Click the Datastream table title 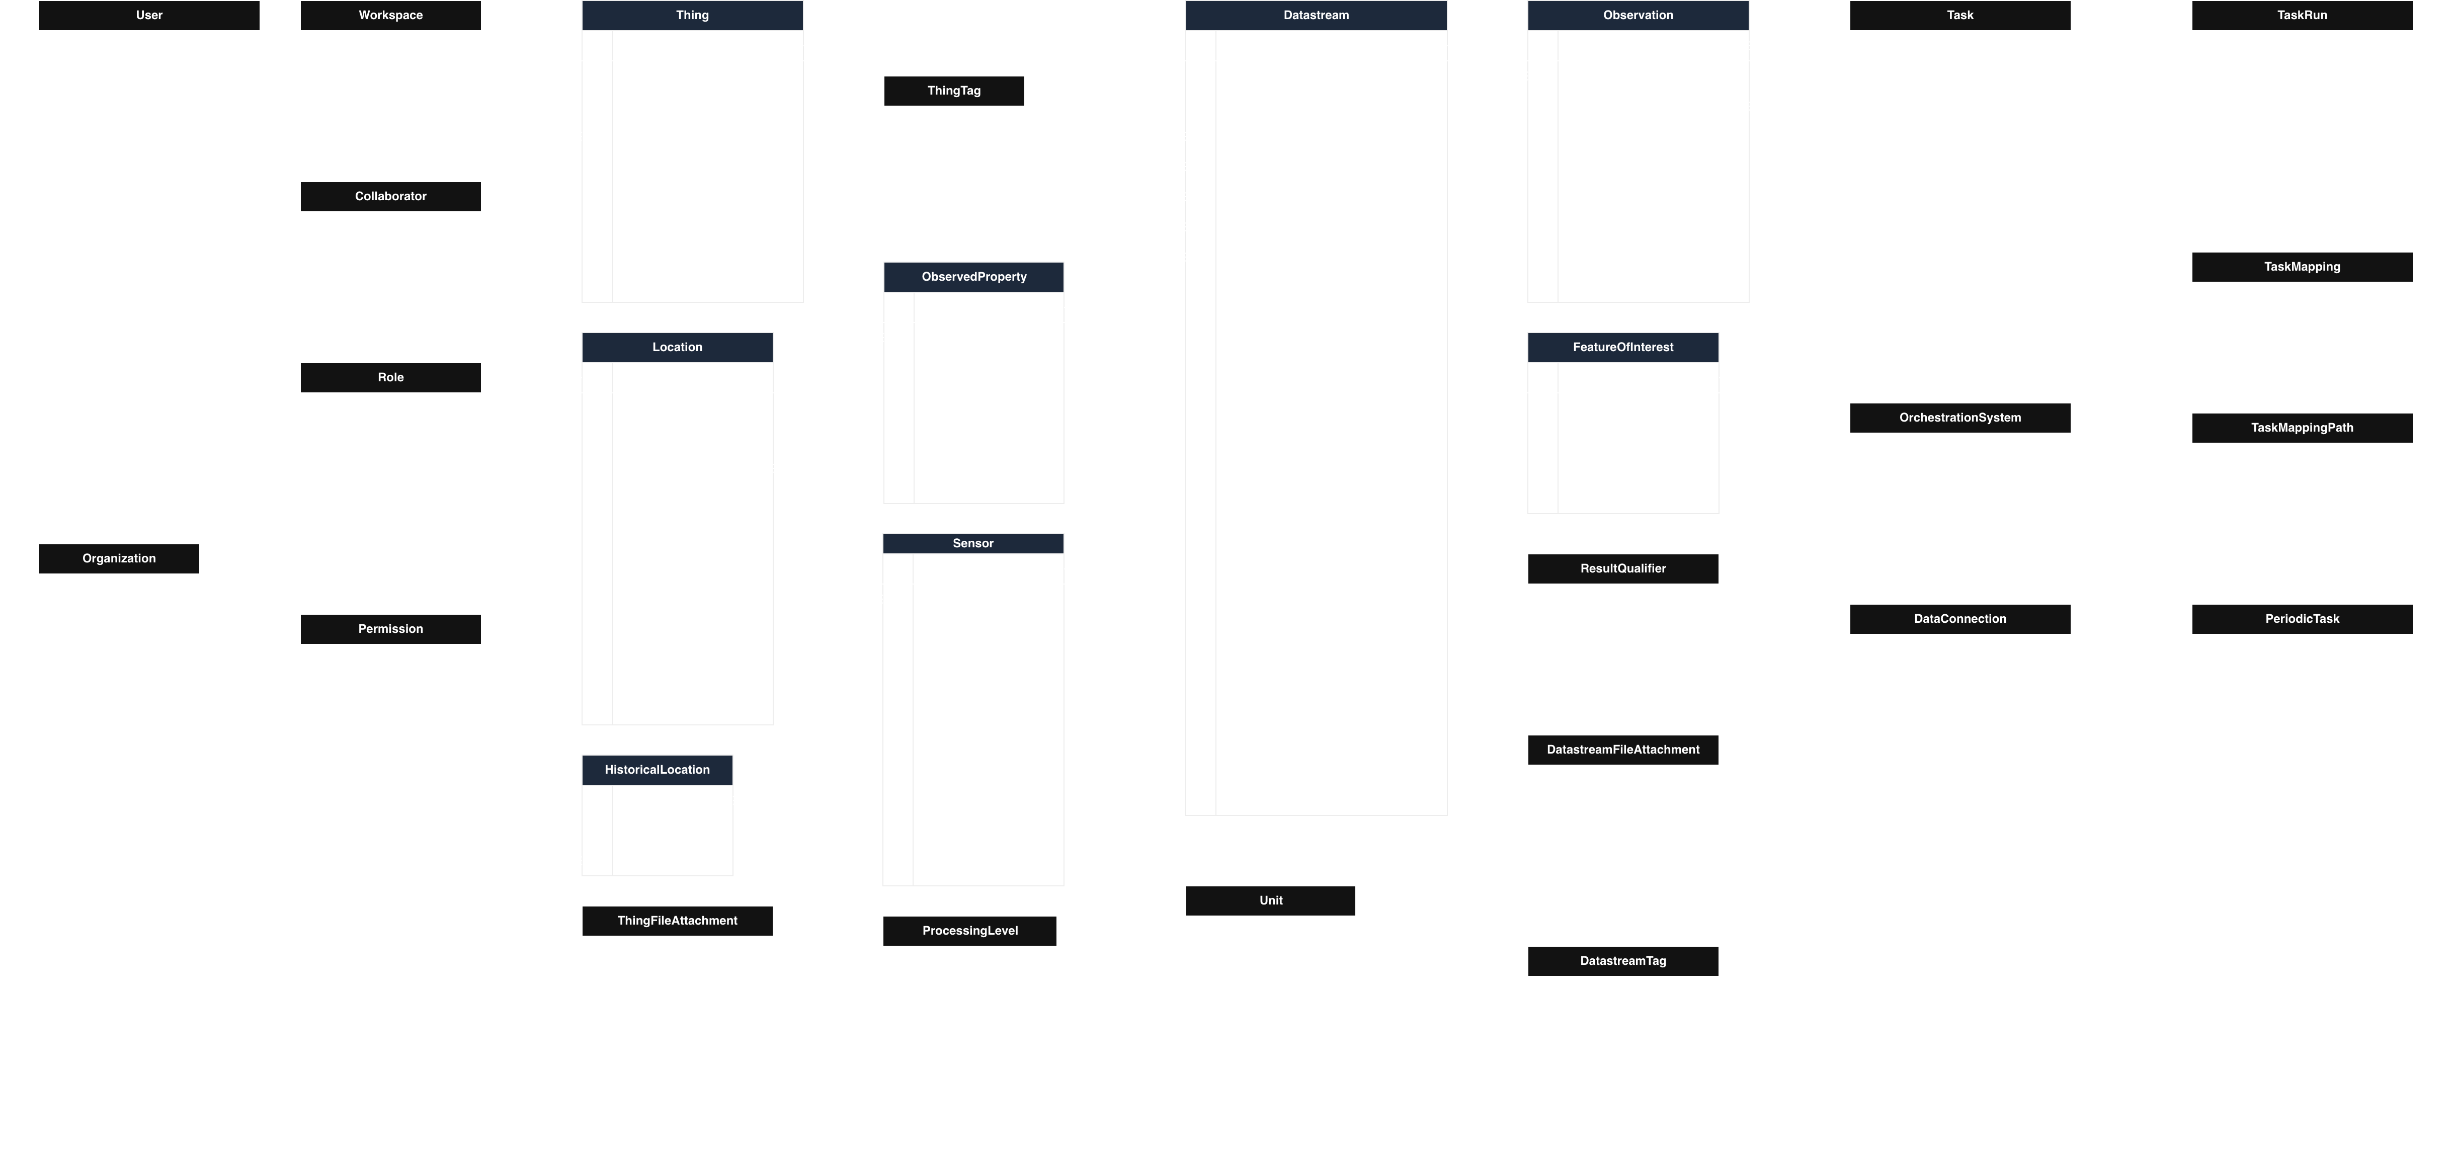[1316, 15]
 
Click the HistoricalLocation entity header [657, 770]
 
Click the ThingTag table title [954, 91]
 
